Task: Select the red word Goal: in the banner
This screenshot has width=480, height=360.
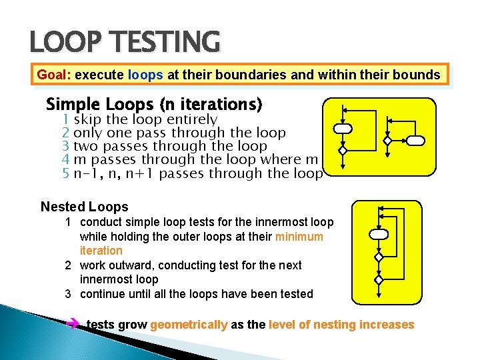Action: [x=54, y=75]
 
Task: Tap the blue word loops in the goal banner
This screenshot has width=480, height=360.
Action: [x=145, y=75]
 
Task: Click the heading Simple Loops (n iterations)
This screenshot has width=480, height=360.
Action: [x=154, y=105]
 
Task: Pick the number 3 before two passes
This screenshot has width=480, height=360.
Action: [x=66, y=146]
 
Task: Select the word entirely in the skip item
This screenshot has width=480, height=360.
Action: [x=192, y=119]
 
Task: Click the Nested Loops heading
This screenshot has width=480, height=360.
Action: [x=84, y=207]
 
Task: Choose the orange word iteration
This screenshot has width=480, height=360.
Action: [x=101, y=251]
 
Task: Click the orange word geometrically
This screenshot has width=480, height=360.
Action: [x=189, y=325]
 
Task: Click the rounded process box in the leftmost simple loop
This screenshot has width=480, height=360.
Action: [x=343, y=128]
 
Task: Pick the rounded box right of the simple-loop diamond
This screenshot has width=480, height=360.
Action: [x=415, y=140]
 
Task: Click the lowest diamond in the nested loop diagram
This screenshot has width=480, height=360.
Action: [x=378, y=279]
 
